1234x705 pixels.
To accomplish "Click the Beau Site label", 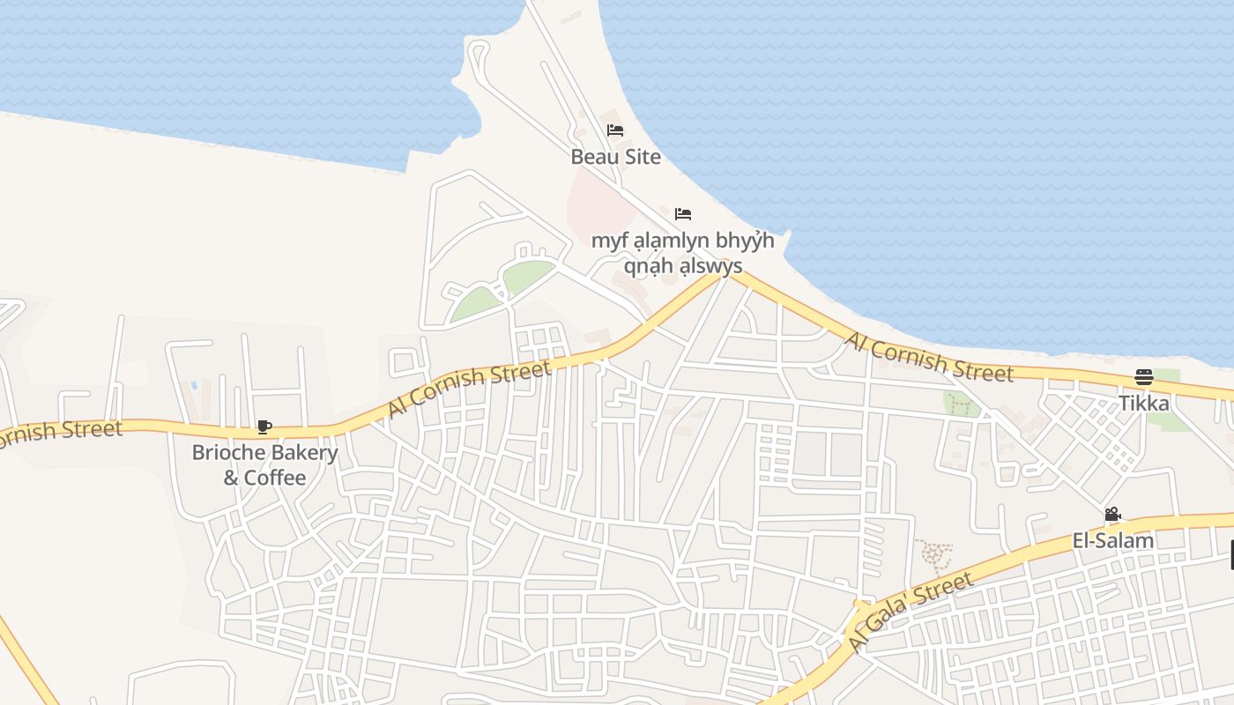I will point(615,157).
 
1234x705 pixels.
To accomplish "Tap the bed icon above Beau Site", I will point(615,130).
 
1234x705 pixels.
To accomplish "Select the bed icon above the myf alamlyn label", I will point(683,214).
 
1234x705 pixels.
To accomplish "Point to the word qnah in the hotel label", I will point(650,265).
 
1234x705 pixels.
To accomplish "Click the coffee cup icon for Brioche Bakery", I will point(264,427).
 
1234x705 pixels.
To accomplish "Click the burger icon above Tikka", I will point(1144,377).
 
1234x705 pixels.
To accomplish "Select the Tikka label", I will point(1144,403).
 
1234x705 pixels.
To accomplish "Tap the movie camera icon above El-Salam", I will point(1112,515).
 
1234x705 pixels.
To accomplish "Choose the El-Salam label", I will point(1112,540).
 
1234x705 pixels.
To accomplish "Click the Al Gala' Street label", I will point(911,612).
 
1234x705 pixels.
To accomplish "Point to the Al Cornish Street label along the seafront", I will point(929,357).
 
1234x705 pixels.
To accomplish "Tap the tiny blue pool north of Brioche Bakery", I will point(194,385).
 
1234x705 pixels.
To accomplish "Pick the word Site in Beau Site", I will point(641,157).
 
